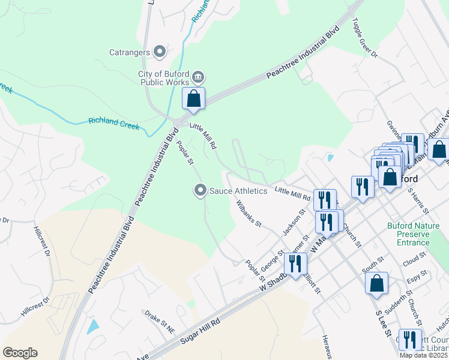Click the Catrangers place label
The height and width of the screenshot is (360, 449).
coord(130,52)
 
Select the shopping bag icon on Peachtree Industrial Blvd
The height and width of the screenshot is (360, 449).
coord(193,99)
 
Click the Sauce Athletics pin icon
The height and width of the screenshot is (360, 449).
coord(200,191)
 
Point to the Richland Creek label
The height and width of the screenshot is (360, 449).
coord(114,124)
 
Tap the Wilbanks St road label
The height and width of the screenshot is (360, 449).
coord(249,214)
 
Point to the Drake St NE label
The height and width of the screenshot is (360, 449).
coord(158,314)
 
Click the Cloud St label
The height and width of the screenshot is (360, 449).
coord(414,262)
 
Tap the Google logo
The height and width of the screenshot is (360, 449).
coord(20,353)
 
